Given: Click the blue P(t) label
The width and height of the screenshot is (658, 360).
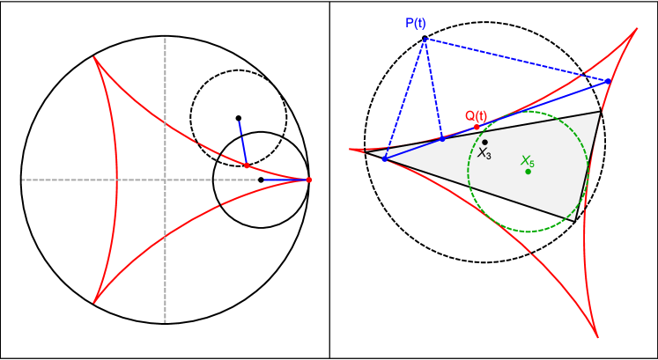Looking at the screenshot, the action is tap(416, 23).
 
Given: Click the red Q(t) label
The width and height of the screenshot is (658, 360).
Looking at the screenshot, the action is tap(476, 116).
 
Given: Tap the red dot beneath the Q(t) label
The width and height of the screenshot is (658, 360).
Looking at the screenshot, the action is tap(477, 127).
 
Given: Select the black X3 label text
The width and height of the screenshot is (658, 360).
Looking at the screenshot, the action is tap(484, 154).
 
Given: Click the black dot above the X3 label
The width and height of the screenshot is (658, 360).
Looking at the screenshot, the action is tap(484, 142).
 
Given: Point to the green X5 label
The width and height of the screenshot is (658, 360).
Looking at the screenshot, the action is tap(528, 161).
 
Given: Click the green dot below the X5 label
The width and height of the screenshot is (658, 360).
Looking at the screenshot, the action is tap(528, 171).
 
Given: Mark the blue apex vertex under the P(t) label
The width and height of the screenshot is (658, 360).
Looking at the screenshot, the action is tap(425, 39).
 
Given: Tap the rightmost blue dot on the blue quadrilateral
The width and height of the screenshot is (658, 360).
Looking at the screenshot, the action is tap(610, 81).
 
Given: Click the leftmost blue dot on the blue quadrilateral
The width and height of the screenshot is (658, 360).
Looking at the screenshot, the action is tap(384, 158).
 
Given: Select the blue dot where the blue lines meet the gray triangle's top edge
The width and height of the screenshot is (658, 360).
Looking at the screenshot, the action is tap(442, 138).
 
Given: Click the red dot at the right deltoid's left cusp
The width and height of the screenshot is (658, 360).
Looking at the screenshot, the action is tap(361, 151).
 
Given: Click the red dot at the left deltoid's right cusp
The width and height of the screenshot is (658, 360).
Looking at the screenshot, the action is tap(309, 180).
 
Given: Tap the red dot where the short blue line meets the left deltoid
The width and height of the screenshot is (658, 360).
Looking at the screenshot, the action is tap(247, 165).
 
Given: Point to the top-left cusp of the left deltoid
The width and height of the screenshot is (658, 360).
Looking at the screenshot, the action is tap(94, 58).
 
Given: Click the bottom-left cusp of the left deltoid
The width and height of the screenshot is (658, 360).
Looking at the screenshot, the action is tap(94, 303).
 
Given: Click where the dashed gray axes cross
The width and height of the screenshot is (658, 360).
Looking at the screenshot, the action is tap(165, 180).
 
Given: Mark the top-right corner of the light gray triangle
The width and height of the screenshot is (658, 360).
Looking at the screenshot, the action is tap(600, 113).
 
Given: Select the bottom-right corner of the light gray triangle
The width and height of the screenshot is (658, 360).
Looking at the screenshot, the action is tap(575, 220).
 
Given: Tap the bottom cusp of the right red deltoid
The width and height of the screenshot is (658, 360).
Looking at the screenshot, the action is tap(597, 337).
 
